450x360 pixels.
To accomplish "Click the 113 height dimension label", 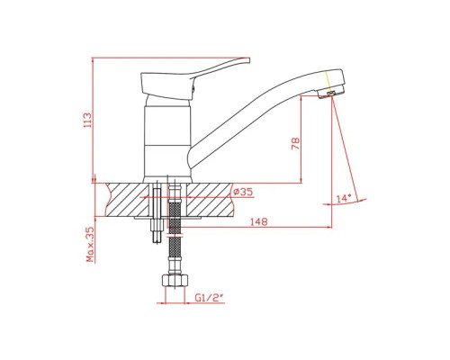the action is [x=87, y=120].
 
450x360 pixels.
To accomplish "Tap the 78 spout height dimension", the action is [x=295, y=144].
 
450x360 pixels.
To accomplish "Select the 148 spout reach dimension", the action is [x=258, y=222].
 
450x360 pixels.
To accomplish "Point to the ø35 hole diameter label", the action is [x=243, y=192].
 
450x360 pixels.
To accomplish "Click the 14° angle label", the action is [x=344, y=198].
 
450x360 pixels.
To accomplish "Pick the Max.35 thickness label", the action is [x=90, y=244].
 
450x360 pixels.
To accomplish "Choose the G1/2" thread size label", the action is [x=209, y=298].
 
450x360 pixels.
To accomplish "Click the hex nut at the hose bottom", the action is [x=175, y=281].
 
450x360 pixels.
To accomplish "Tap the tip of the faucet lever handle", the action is [x=248, y=60].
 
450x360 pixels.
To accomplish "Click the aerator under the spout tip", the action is [x=330, y=94].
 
